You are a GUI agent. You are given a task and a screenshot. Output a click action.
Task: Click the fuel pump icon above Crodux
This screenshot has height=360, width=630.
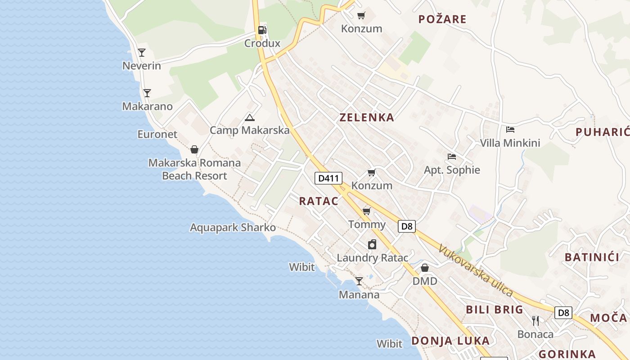pos(262,30)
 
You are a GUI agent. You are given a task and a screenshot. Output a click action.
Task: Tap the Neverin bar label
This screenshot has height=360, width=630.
pos(141,66)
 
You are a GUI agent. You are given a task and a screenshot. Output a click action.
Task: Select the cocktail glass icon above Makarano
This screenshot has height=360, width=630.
pos(147,93)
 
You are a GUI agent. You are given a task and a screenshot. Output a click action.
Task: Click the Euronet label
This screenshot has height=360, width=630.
pos(157,134)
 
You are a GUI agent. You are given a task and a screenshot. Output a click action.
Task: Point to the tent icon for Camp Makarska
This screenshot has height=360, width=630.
pos(250,118)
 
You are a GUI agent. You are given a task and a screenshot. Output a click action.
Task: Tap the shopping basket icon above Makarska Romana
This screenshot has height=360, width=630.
pos(194,149)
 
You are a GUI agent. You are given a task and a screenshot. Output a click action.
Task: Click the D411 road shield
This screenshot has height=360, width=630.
pos(328,178)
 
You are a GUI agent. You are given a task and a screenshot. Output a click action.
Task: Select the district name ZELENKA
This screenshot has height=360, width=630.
pos(367,117)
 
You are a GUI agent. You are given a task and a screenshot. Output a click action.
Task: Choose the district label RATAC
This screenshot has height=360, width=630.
pos(319,201)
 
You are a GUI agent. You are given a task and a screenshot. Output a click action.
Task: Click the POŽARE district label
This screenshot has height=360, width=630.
pos(442,19)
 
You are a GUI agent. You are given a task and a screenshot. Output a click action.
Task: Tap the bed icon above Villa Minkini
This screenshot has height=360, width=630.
pos(510,130)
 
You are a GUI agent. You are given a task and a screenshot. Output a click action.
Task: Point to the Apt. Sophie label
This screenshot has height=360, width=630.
pos(452,170)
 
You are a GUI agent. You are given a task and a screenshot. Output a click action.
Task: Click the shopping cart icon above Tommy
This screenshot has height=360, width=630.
pos(367,211)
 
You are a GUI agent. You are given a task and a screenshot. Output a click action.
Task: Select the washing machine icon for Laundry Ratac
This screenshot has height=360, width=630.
pos(372,244)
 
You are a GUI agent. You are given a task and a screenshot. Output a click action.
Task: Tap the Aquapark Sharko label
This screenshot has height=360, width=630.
pos(233,227)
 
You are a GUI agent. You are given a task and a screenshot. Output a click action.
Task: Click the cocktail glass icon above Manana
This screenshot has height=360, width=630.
pos(359,281)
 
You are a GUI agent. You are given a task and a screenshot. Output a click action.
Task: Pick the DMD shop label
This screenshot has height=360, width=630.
pos(425,281)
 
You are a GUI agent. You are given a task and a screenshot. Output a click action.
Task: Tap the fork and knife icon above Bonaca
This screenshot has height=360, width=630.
pos(535,320)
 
